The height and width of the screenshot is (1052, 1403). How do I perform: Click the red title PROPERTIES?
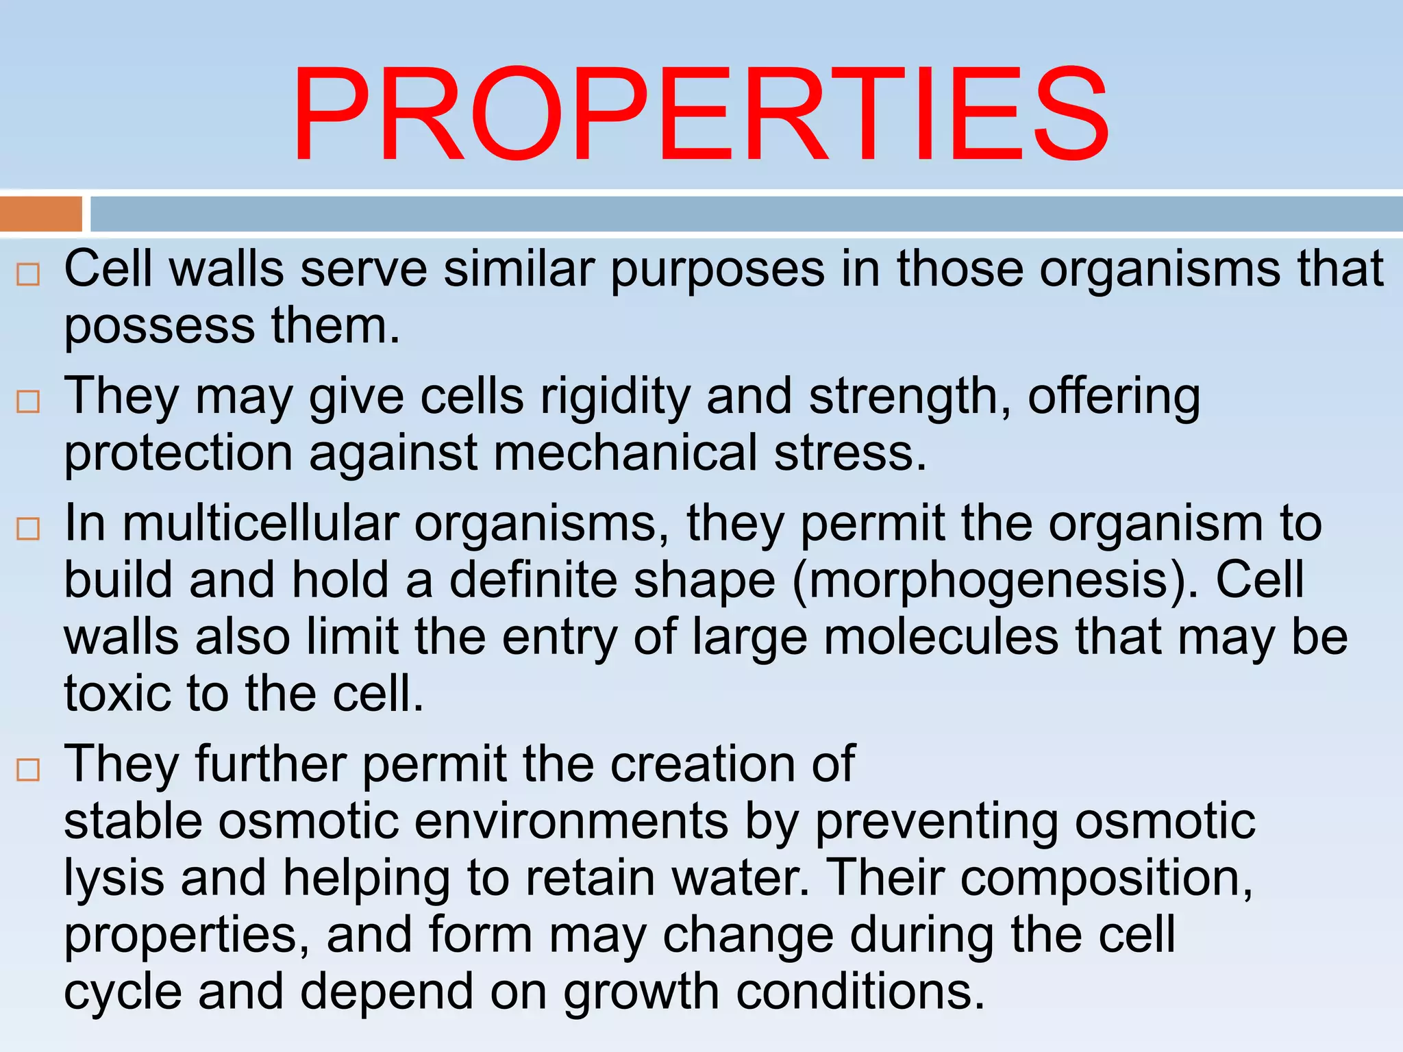700,114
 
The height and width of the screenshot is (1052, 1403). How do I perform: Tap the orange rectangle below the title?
41,214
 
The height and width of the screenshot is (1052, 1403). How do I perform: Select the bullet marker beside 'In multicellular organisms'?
28,529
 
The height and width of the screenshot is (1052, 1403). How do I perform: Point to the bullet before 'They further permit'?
28,770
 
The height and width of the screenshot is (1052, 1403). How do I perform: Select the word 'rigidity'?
615,397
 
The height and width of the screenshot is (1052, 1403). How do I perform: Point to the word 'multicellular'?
260,524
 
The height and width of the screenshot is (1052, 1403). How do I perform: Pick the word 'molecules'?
941,637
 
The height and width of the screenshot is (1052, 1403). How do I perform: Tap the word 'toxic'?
117,693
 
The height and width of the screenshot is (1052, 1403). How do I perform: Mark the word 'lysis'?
114,879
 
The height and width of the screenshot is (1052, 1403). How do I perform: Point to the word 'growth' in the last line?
641,992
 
